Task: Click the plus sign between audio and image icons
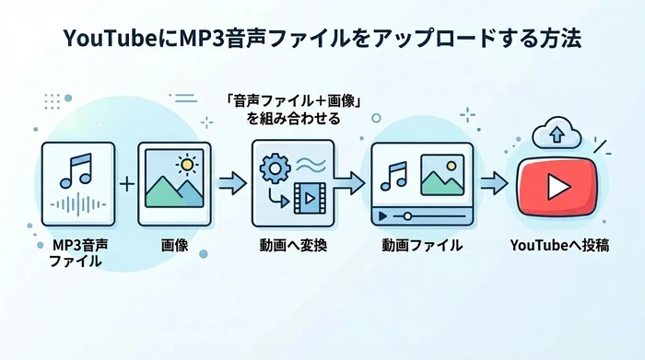pyautogui.click(x=127, y=184)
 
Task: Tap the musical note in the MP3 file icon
pyautogui.click(x=77, y=172)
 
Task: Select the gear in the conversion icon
pyautogui.click(x=273, y=168)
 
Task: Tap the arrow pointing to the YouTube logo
pyautogui.click(x=493, y=183)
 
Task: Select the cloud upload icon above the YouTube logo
pyautogui.click(x=556, y=134)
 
